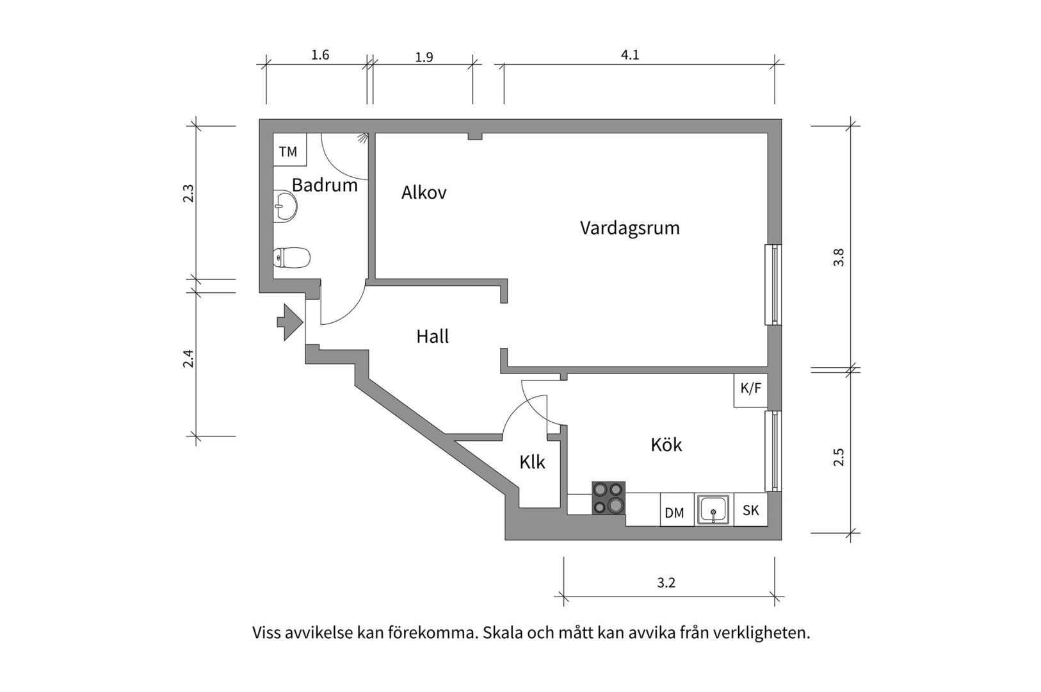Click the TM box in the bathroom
(x=289, y=151)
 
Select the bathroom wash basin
(x=285, y=206)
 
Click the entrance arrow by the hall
(x=290, y=322)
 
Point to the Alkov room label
(x=423, y=192)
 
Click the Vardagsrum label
(x=629, y=228)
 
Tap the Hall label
(x=432, y=336)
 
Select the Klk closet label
(x=532, y=462)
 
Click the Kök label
(x=666, y=445)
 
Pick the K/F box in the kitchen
(x=750, y=388)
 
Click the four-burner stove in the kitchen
(x=608, y=498)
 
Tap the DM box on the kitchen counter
(x=675, y=513)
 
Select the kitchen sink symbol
(x=713, y=510)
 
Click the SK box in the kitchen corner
(x=750, y=510)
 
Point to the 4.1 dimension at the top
(x=630, y=55)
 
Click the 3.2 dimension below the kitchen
(x=666, y=583)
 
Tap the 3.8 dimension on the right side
(x=839, y=258)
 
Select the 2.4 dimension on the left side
(x=188, y=358)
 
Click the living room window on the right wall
(x=774, y=284)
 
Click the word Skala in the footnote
(x=502, y=633)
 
